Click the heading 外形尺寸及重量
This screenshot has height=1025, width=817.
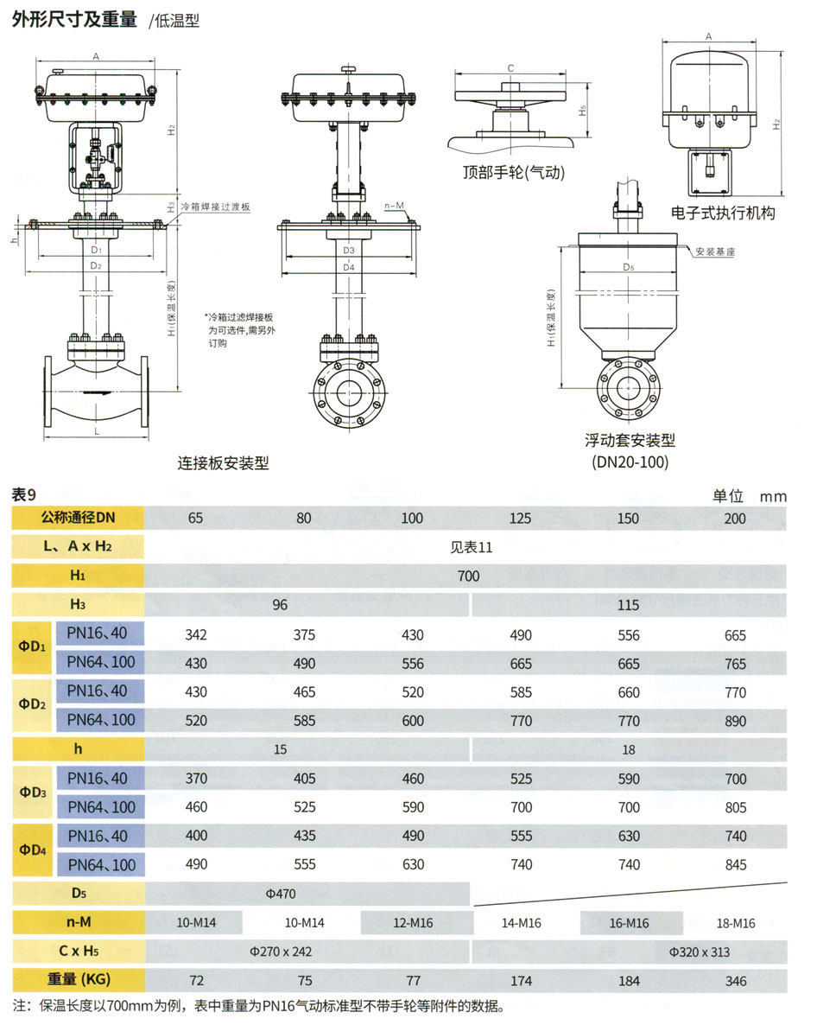(74, 20)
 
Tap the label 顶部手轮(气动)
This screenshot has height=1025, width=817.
(513, 172)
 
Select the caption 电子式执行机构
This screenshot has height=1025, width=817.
(724, 213)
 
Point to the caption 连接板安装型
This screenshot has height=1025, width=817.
(224, 462)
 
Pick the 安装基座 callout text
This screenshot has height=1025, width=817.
(715, 251)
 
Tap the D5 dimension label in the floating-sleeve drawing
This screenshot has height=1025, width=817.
(628, 268)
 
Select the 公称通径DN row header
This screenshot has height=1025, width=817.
(78, 519)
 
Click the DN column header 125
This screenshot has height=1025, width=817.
(521, 519)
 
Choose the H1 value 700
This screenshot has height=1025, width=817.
(468, 576)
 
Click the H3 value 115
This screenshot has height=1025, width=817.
(629, 605)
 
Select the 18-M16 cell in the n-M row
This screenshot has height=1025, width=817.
(736, 923)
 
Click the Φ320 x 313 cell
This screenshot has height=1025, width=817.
(700, 952)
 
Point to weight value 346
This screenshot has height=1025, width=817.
(736, 981)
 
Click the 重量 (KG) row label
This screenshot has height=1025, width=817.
(78, 981)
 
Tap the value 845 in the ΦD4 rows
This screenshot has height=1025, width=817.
(736, 865)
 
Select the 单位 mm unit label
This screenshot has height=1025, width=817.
(749, 496)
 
